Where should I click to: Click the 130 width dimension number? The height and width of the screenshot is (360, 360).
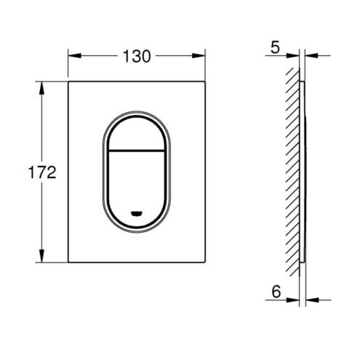pyautogui.click(x=137, y=56)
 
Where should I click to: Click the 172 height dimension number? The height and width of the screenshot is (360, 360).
pyautogui.click(x=42, y=172)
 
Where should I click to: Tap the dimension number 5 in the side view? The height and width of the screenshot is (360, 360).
pyautogui.click(x=275, y=47)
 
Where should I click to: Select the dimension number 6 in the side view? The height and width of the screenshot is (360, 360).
pyautogui.click(x=276, y=292)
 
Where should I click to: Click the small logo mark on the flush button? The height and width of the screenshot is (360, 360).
pyautogui.click(x=136, y=214)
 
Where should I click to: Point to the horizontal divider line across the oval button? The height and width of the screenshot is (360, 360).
pyautogui.click(x=136, y=151)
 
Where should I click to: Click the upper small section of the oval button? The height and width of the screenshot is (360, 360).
pyautogui.click(x=136, y=135)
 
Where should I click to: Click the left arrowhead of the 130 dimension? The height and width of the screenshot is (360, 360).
pyautogui.click(x=75, y=56)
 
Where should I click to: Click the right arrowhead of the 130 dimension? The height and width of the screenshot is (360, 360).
pyautogui.click(x=199, y=56)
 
